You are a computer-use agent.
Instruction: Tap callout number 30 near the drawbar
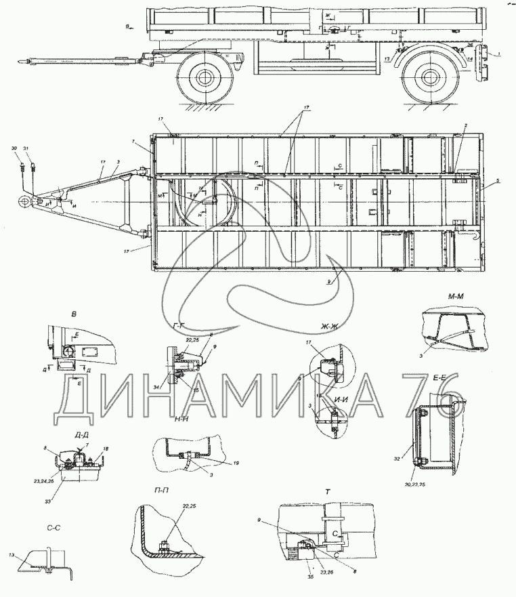15,148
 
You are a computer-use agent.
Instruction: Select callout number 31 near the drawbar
26,148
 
